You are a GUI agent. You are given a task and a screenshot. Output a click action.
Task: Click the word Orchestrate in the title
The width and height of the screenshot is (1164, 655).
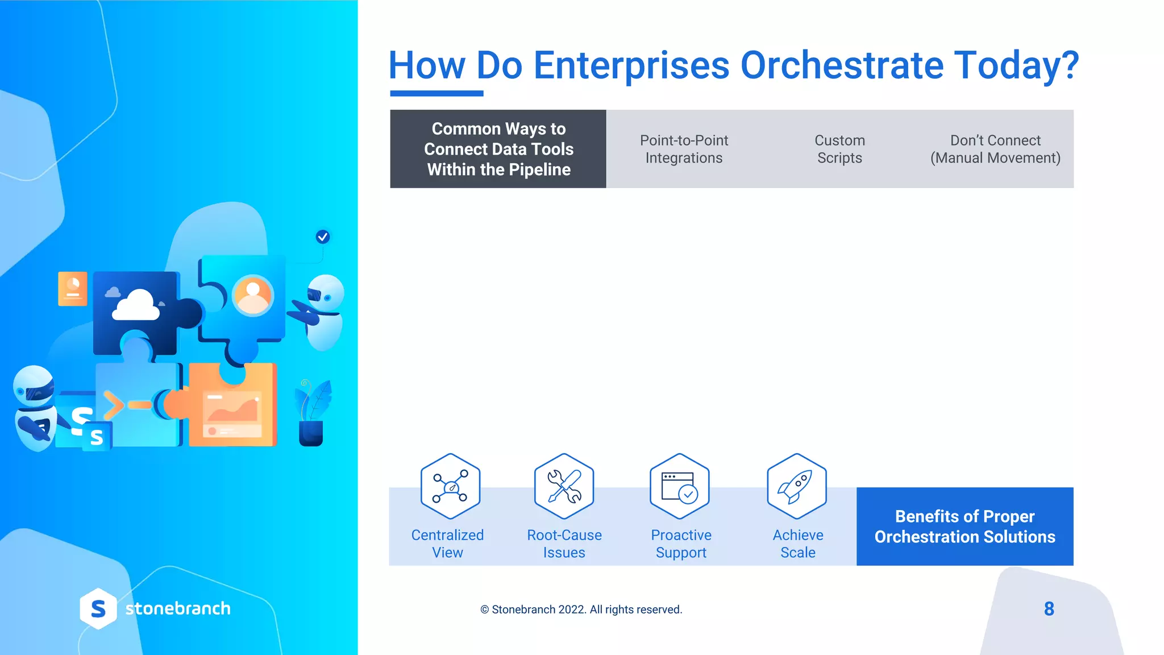click(841, 65)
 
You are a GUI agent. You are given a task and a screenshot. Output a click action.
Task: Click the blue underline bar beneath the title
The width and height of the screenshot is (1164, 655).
click(436, 93)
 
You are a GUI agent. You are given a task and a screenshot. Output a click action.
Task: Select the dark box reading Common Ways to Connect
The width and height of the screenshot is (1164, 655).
click(498, 149)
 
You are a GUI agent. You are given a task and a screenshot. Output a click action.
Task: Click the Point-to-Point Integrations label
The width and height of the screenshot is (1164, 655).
click(684, 149)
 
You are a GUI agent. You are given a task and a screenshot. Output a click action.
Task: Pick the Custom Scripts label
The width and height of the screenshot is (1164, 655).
click(839, 149)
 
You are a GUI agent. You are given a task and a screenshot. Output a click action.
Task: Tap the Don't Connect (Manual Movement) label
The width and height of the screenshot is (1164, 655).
click(995, 149)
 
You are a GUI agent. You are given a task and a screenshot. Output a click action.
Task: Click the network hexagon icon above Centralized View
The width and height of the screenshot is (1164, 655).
click(450, 486)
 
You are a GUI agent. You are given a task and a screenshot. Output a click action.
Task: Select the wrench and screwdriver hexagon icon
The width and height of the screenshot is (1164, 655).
click(564, 486)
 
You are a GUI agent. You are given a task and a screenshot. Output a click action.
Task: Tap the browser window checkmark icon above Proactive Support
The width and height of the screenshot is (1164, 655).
click(680, 486)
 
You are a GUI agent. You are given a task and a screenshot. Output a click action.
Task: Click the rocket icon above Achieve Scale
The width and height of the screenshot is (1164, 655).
click(796, 486)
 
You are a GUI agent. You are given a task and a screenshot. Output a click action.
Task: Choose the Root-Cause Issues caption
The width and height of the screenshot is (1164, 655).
click(564, 544)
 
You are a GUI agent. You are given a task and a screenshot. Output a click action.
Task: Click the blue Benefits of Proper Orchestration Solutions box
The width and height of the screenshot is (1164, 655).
click(965, 527)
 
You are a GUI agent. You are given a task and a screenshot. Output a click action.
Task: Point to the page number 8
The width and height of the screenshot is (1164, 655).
click(1049, 609)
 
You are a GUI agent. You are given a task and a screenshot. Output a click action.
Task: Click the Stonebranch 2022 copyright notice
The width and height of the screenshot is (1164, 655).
click(581, 610)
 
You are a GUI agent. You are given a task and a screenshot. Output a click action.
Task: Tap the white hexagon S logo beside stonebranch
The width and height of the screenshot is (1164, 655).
click(98, 608)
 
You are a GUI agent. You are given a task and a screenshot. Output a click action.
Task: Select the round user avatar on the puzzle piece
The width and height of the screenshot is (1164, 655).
click(253, 295)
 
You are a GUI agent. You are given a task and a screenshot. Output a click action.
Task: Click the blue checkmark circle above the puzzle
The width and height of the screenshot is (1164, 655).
click(323, 237)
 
